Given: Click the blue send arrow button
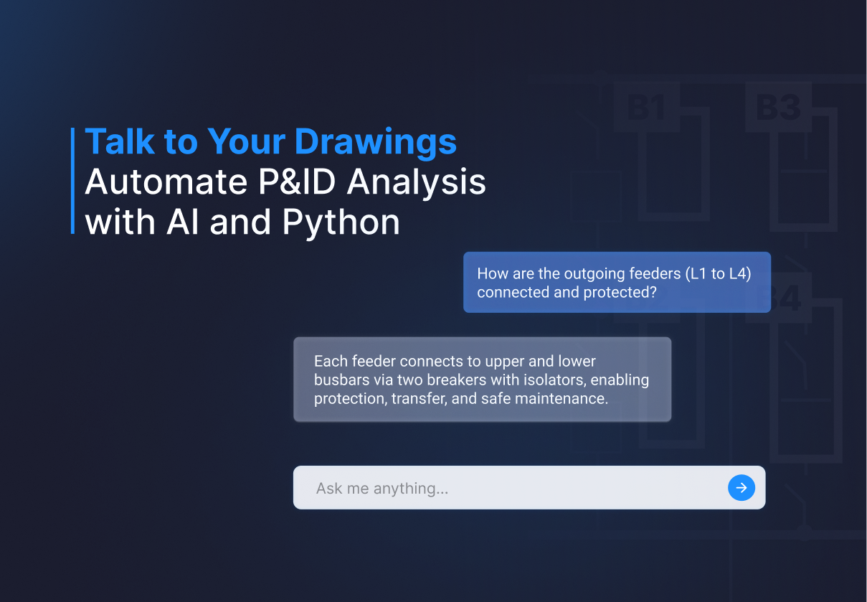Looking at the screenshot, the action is point(742,488).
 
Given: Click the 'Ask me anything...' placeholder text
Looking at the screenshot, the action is point(382,489).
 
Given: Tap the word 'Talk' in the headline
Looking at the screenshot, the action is point(120,141).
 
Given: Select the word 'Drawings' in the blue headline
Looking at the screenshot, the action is point(376,143).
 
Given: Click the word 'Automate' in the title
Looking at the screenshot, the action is point(166,182).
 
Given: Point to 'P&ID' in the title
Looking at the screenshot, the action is point(297,182).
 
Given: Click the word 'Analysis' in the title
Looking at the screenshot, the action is point(416,183).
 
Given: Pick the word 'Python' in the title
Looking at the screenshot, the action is point(341,223).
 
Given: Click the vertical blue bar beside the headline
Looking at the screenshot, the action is point(72,181).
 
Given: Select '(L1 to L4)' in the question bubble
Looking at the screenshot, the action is point(718,274).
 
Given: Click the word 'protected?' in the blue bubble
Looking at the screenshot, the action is point(620,293).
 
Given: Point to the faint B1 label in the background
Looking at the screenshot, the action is point(646,107).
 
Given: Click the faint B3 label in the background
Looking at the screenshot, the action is point(778,107).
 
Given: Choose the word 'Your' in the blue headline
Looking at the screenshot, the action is point(246,141).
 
